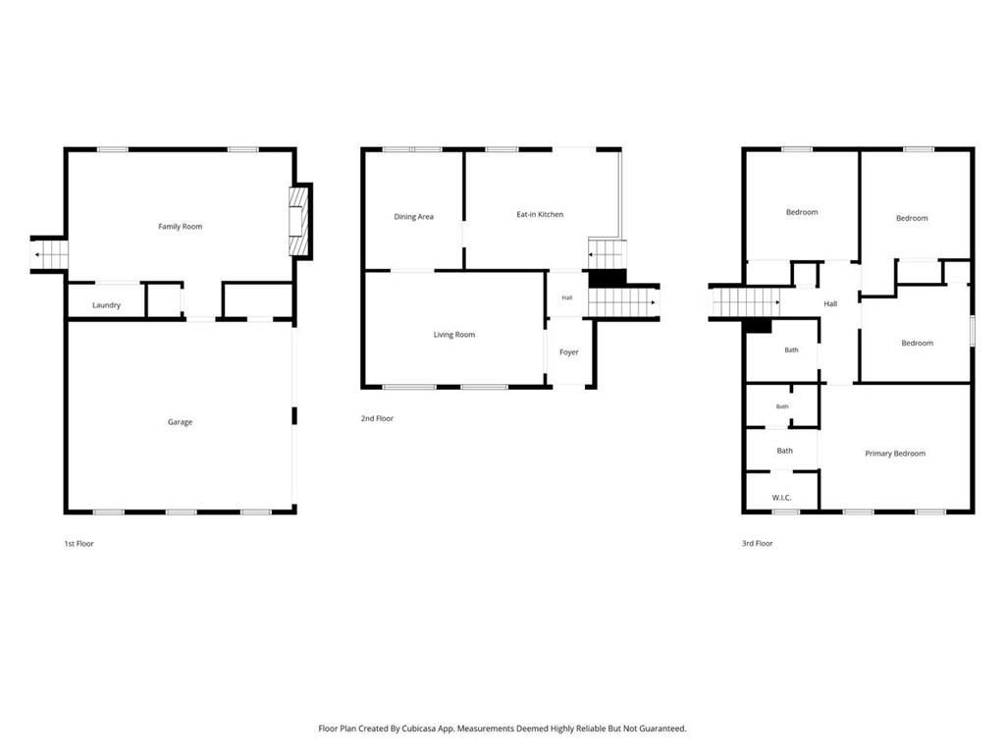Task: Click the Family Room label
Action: click(x=181, y=227)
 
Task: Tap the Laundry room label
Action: click(x=106, y=305)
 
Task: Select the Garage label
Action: click(x=181, y=422)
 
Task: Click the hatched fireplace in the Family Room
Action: click(x=298, y=221)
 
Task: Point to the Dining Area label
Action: click(x=413, y=217)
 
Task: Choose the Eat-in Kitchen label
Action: click(x=540, y=214)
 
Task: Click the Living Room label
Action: click(x=453, y=335)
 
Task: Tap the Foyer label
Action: click(x=569, y=352)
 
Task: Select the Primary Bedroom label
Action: click(x=895, y=454)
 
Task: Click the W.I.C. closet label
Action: click(x=782, y=498)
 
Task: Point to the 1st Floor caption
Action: click(x=79, y=544)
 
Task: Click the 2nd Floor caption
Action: click(x=377, y=418)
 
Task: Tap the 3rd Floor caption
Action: click(x=758, y=544)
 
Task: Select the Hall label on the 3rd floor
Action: click(x=830, y=304)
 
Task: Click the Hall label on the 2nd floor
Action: click(x=567, y=297)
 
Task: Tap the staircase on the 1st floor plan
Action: click(x=49, y=254)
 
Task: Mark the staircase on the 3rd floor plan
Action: click(x=746, y=302)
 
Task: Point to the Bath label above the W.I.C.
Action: click(x=785, y=451)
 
